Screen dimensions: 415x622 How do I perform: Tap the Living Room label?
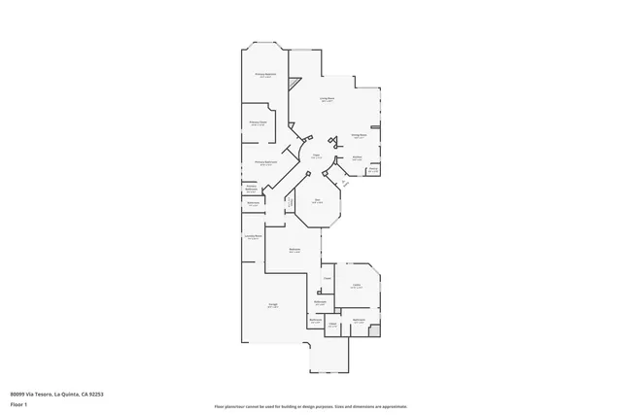[x=328, y=99]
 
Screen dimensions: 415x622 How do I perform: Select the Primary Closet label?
[x=258, y=123]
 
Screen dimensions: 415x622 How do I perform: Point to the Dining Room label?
[x=358, y=136]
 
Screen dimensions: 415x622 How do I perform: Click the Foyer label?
[x=316, y=156]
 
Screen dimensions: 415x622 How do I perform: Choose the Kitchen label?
[x=357, y=157]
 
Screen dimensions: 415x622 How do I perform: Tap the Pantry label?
[x=373, y=169]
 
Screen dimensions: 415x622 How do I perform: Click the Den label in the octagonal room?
[x=317, y=201]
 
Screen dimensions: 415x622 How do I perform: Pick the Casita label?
[x=357, y=285]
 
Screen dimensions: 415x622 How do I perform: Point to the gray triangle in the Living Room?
[x=289, y=86]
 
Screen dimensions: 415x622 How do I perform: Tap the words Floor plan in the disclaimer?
[x=225, y=405]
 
